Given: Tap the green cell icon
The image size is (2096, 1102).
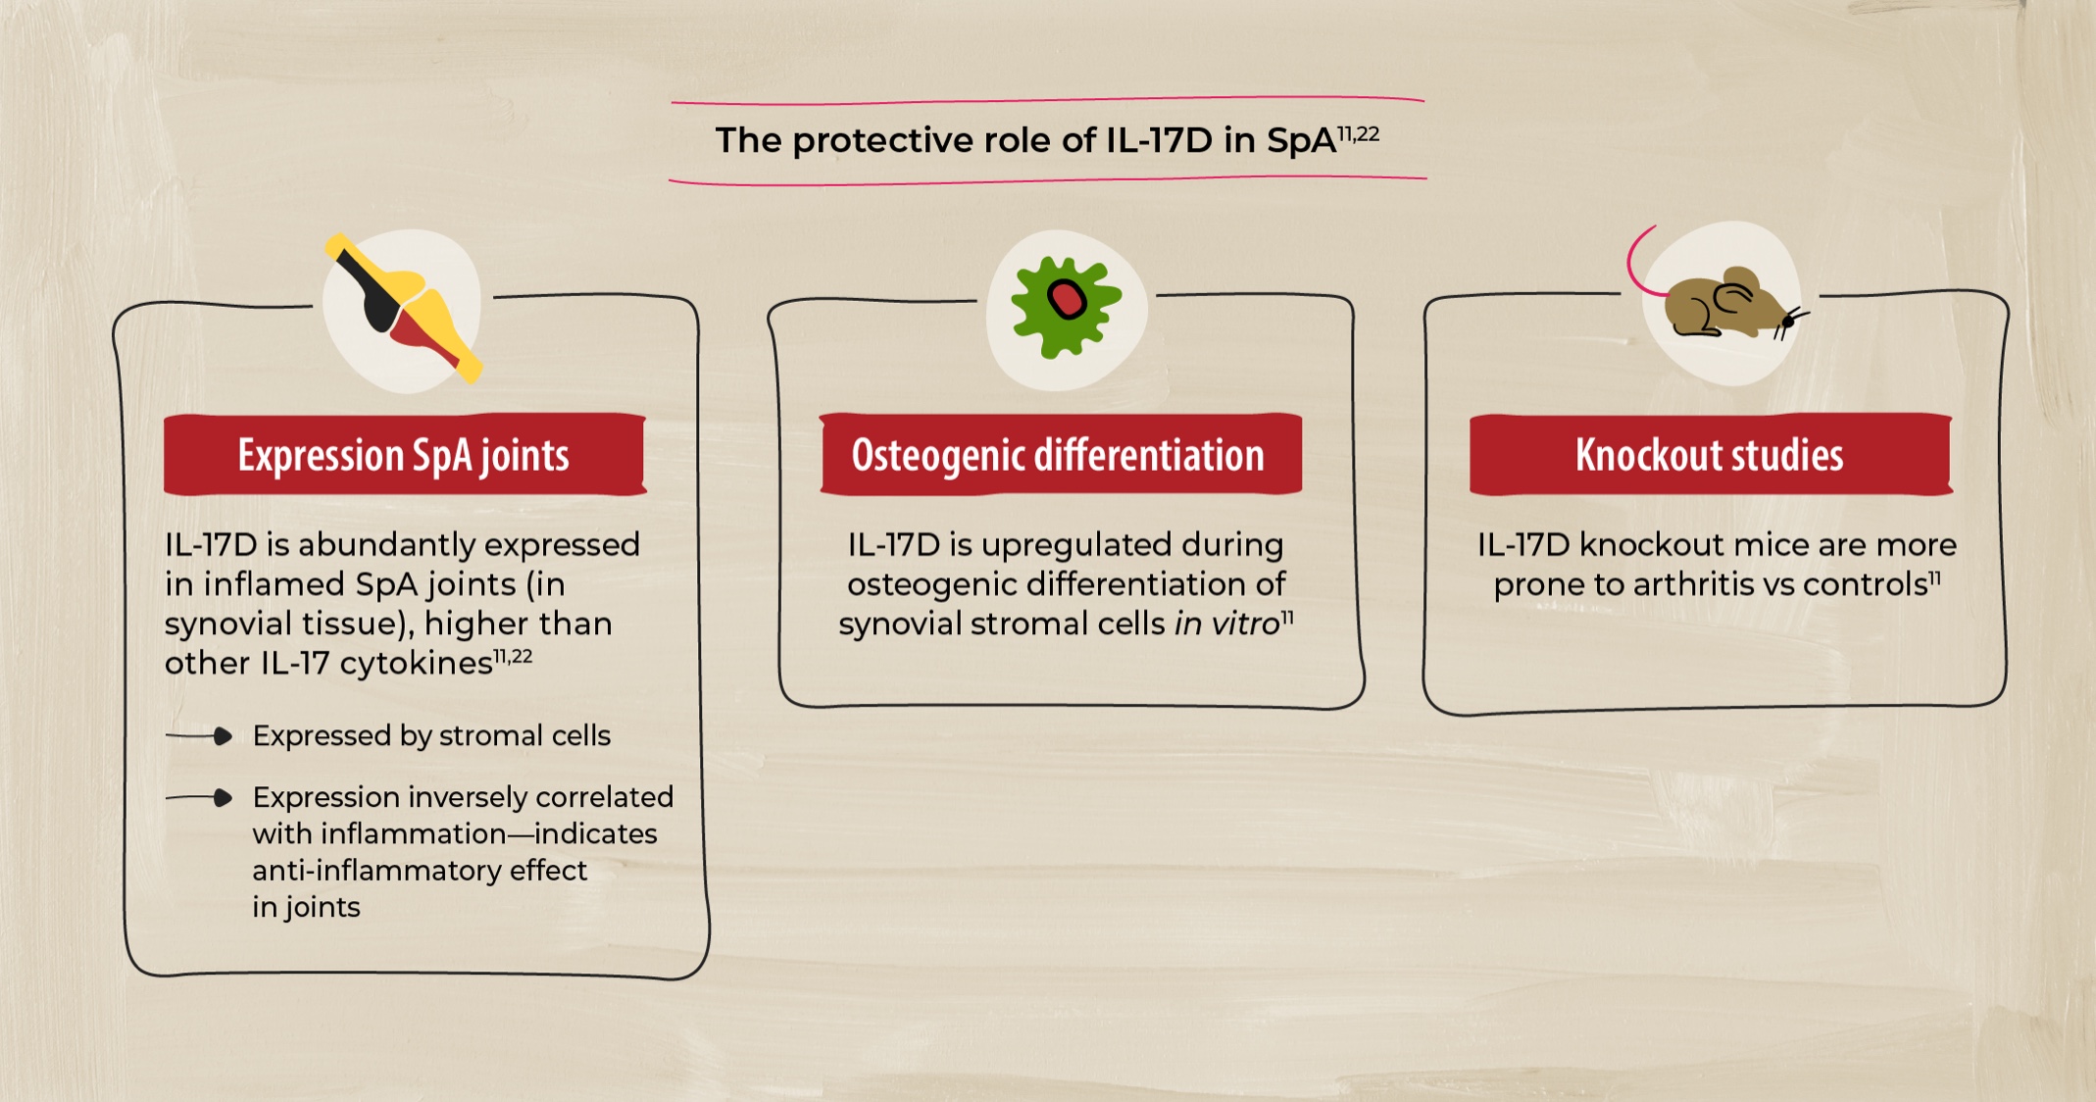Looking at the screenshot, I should click(x=1065, y=306).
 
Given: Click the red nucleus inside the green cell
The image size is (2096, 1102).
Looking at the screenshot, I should click(x=1067, y=299).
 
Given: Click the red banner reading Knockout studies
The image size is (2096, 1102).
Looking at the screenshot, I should click(x=1710, y=455).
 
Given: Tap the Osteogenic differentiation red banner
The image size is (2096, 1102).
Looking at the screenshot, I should click(x=1059, y=455).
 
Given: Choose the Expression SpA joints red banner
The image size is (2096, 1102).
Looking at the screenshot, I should click(x=404, y=455).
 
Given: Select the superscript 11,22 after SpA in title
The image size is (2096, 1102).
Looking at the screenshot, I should click(x=1359, y=133).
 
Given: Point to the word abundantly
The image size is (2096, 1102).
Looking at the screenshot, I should click(x=388, y=544).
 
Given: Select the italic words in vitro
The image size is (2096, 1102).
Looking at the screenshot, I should click(x=1227, y=624).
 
